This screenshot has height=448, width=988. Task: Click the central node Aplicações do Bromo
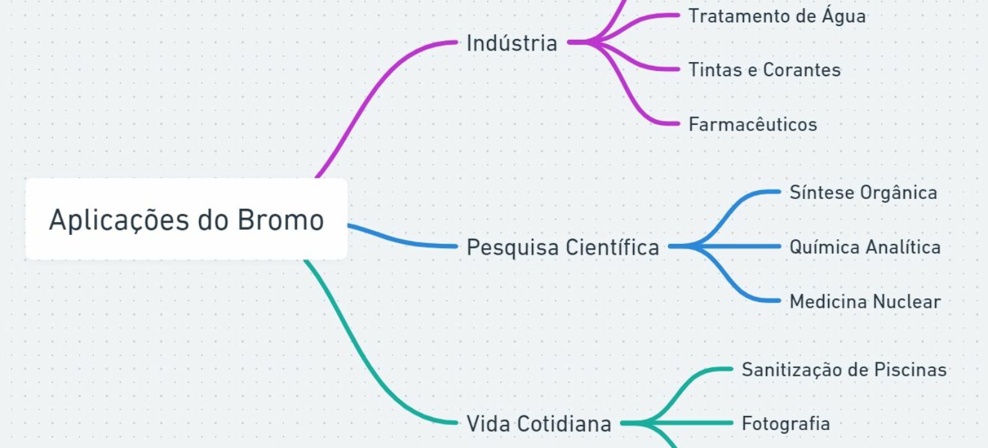pos(187,219)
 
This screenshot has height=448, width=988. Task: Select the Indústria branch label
pos(512,44)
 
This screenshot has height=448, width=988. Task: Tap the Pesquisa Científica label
pos(563,247)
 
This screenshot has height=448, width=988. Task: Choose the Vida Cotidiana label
pos(539,424)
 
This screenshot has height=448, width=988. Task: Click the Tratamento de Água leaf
pos(777,16)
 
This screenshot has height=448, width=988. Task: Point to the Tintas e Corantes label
pos(765,70)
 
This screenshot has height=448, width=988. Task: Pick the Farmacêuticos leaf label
pos(753,124)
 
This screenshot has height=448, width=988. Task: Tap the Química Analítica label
pos(865,247)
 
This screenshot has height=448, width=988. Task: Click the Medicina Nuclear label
pos(865,301)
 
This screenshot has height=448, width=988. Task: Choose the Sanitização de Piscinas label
pos(844,369)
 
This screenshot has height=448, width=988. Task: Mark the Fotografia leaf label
pos(786,424)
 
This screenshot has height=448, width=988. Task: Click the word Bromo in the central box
pos(281,220)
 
